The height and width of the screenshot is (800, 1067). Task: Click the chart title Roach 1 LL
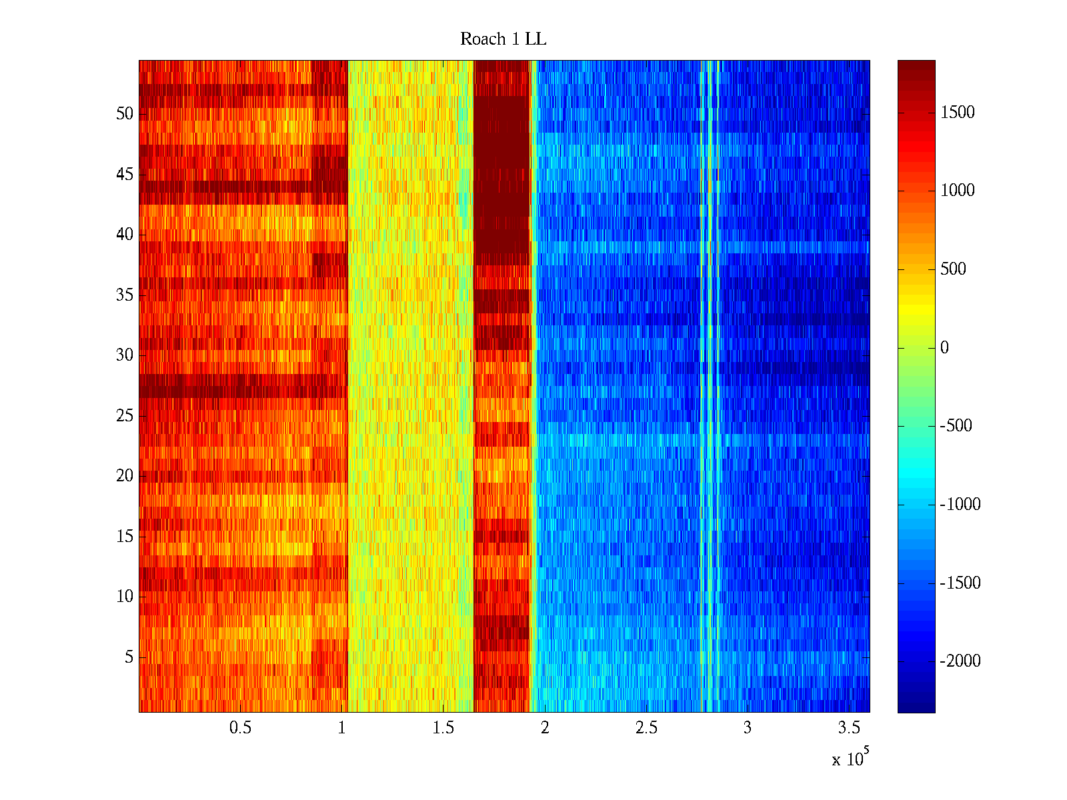point(503,39)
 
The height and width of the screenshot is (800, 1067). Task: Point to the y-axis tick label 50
point(125,114)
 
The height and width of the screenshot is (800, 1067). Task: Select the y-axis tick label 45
point(125,175)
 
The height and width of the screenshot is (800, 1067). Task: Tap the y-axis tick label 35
point(125,295)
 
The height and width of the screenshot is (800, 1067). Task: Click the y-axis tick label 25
point(125,416)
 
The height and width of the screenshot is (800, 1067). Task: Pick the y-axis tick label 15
point(125,537)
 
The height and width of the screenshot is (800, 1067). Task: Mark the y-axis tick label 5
point(129,657)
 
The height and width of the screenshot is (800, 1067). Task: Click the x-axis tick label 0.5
point(240,728)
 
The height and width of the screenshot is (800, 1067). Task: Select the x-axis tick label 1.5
point(443,728)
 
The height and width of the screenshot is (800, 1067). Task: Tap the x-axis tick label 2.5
point(646,728)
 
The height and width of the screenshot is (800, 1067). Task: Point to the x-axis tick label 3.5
point(849,728)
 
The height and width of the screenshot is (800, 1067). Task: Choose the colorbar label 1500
point(958,113)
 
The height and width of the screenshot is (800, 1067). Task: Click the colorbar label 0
point(944,348)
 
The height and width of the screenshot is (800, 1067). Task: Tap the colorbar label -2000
point(960,661)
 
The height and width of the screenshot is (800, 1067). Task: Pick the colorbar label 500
point(954,269)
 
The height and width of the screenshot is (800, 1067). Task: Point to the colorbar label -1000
point(960,505)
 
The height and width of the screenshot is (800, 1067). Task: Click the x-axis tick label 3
point(748,728)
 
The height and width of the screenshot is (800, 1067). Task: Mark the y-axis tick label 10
point(125,597)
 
